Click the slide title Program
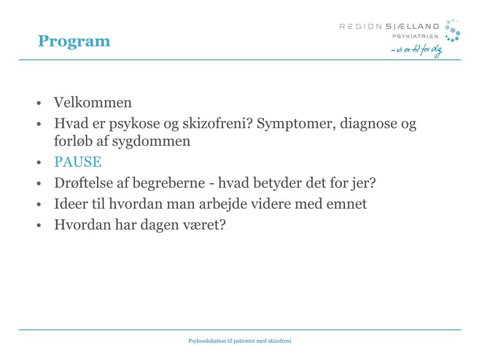[74, 41]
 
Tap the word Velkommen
[93, 102]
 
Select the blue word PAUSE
[78, 162]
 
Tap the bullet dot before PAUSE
[40, 163]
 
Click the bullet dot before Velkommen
[40, 103]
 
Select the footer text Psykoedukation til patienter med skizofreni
[240, 341]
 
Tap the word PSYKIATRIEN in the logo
[415, 37]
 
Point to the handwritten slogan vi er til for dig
[416, 51]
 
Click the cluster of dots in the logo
[452, 30]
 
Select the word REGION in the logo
[360, 27]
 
